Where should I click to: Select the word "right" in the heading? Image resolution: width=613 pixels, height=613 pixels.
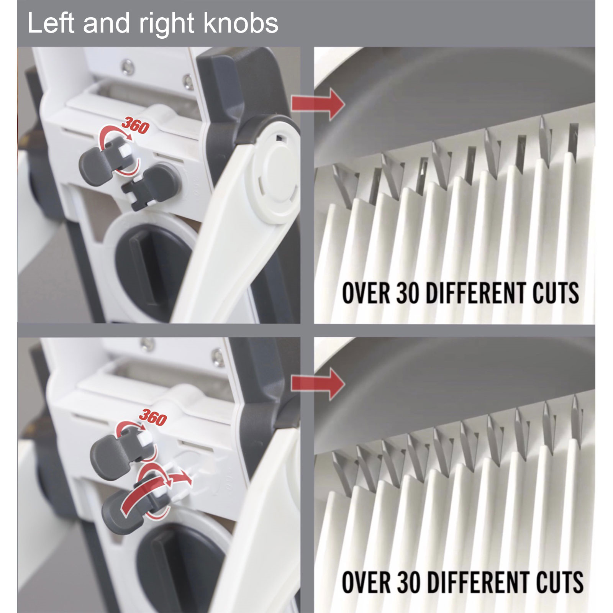[x=168, y=25]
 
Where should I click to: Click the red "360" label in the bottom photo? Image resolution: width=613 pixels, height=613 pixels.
[x=153, y=417]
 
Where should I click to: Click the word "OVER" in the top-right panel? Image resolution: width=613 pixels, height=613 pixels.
[x=366, y=293]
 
